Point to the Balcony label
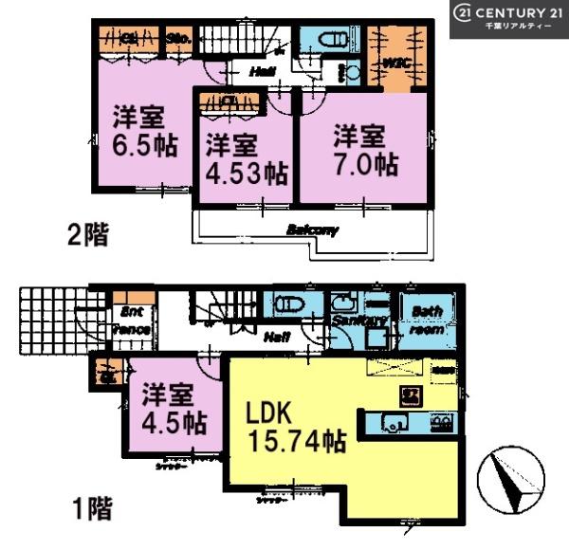tap(312, 229)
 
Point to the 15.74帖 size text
tap(296, 444)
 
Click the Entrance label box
tap(133, 321)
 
